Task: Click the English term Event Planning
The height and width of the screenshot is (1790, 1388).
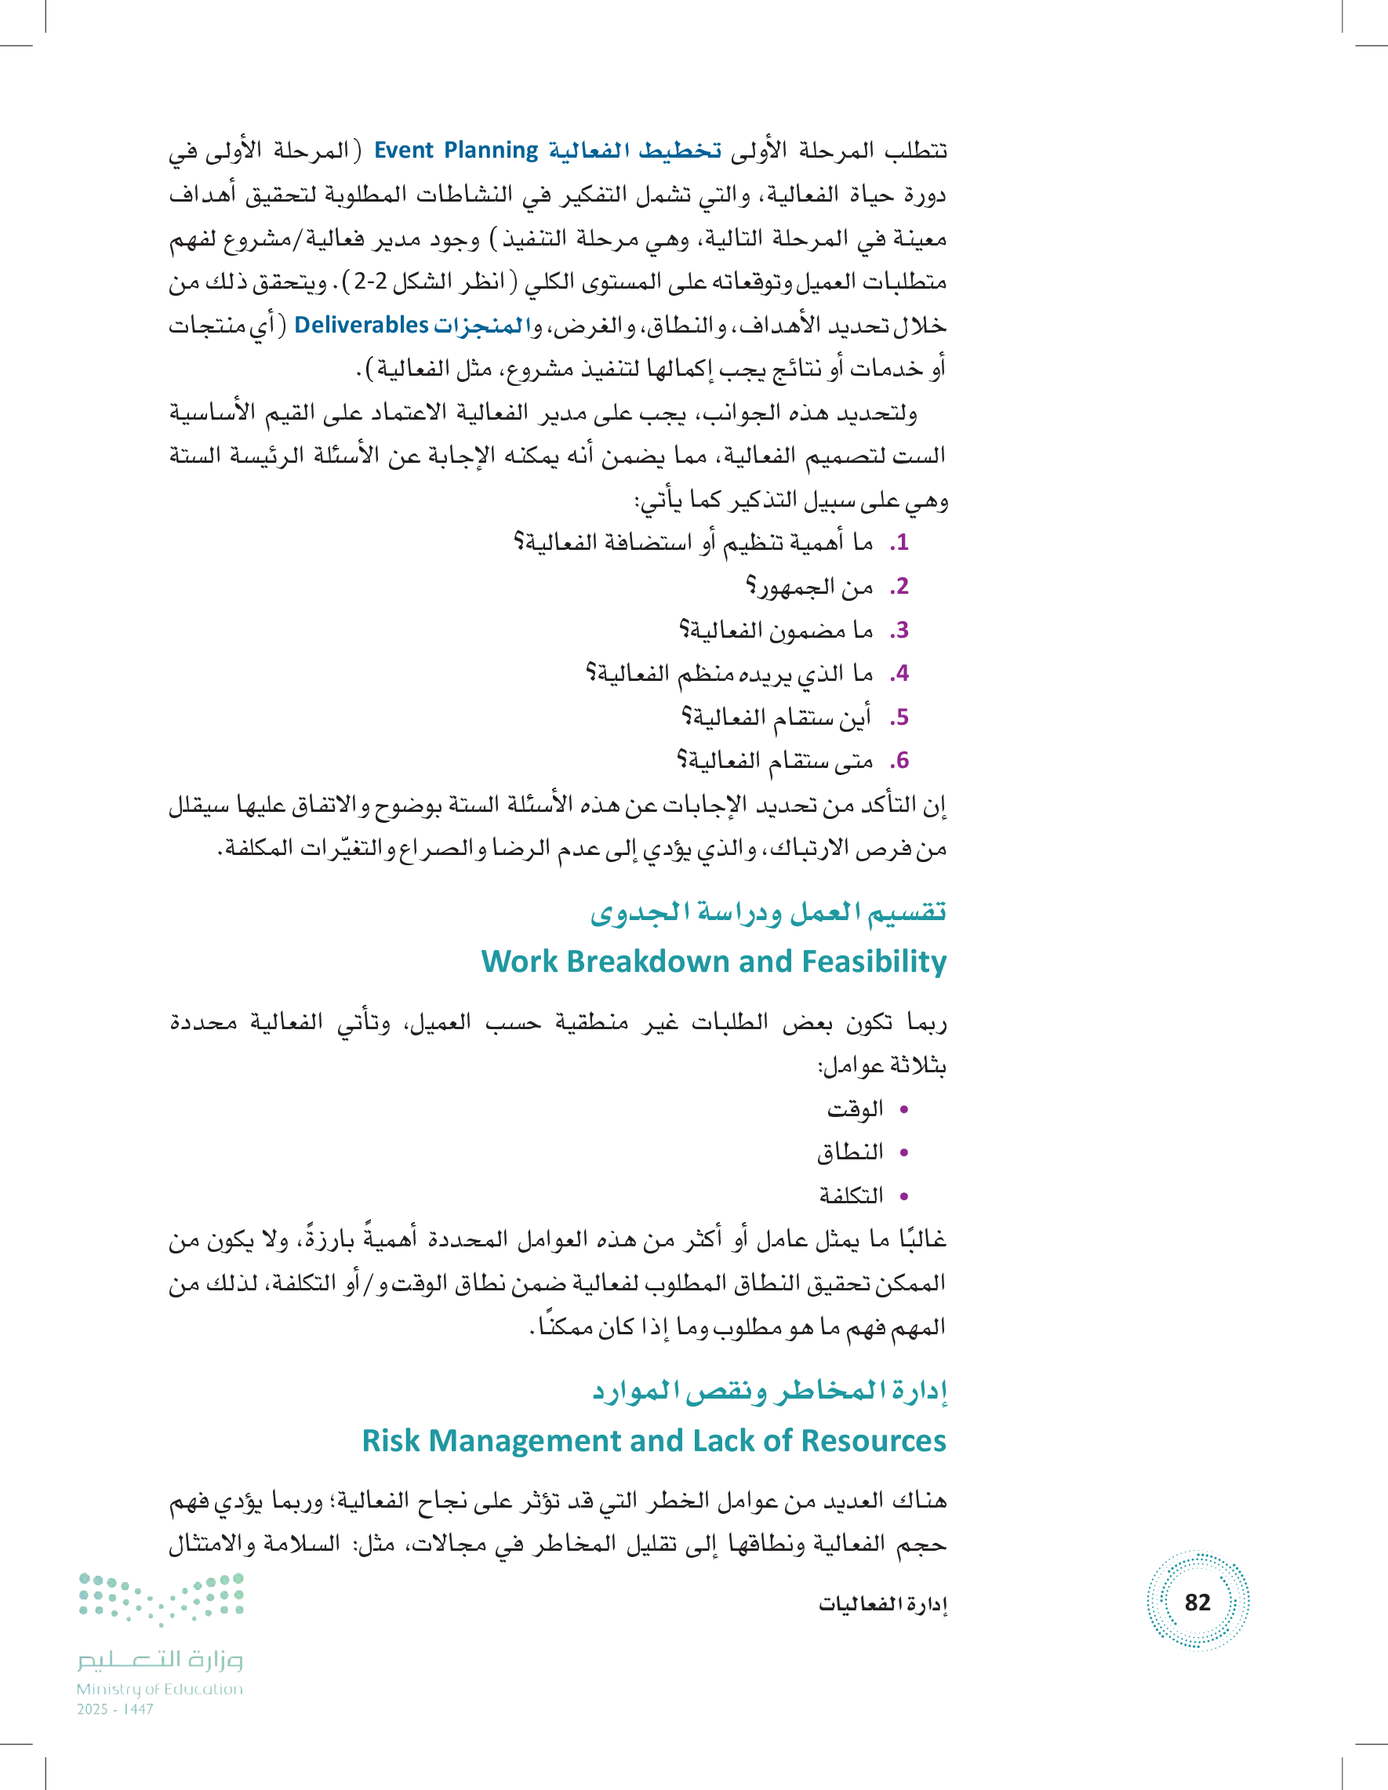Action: pyautogui.click(x=456, y=151)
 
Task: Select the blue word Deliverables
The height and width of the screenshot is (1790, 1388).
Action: pyautogui.click(x=362, y=326)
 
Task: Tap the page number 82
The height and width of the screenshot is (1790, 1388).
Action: pyautogui.click(x=1197, y=1602)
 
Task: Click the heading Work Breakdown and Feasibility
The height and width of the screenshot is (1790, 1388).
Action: pyautogui.click(x=713, y=962)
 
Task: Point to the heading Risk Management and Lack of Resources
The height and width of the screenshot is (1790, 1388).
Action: pyautogui.click(x=654, y=1440)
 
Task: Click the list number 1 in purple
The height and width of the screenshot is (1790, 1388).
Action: pyautogui.click(x=900, y=543)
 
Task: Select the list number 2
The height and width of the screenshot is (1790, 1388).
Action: pyautogui.click(x=900, y=587)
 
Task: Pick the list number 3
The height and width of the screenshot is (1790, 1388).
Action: pyautogui.click(x=900, y=631)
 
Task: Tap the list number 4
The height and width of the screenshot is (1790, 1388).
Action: pyautogui.click(x=900, y=674)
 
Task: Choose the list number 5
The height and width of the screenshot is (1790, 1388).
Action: pyautogui.click(x=900, y=718)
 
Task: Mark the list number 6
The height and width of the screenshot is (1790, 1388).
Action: pyautogui.click(x=900, y=762)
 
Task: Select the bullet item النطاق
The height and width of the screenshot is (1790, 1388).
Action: pyautogui.click(x=850, y=1152)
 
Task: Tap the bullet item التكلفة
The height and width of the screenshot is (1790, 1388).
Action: pyautogui.click(x=852, y=1195)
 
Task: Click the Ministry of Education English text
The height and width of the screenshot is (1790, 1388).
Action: pyautogui.click(x=160, y=1689)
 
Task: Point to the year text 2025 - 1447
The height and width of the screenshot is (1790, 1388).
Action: pyautogui.click(x=114, y=1710)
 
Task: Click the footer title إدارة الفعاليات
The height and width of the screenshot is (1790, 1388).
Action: pyautogui.click(x=882, y=1604)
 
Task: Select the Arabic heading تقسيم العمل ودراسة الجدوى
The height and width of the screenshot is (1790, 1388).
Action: pyautogui.click(x=768, y=911)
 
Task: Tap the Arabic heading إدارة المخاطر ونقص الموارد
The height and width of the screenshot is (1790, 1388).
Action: pyautogui.click(x=769, y=1390)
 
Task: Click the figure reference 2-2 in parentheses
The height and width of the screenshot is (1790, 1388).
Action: pyautogui.click(x=370, y=282)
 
